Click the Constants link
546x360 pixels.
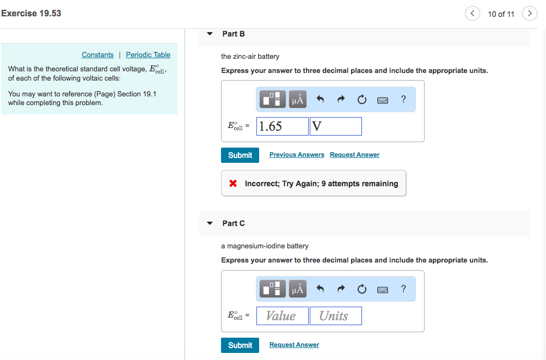[x=97, y=55]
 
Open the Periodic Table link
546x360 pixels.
[x=148, y=55]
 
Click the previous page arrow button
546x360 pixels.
[x=472, y=14]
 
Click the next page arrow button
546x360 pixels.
[x=529, y=14]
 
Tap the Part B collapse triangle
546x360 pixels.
[x=210, y=34]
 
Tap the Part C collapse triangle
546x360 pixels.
[x=210, y=223]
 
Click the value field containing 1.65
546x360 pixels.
[x=282, y=126]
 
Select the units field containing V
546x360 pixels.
[x=335, y=126]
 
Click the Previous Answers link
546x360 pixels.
[x=297, y=155]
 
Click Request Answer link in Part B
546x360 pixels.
[x=354, y=155]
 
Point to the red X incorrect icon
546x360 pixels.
[x=233, y=184]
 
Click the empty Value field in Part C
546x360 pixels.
[x=282, y=316]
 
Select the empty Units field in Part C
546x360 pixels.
[x=335, y=316]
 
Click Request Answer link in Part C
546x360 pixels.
[x=294, y=345]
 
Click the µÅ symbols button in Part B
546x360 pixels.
[x=297, y=100]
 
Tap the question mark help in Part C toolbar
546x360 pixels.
[x=403, y=289]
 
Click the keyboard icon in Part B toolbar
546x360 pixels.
[x=383, y=100]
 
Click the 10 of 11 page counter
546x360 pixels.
[x=501, y=14]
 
